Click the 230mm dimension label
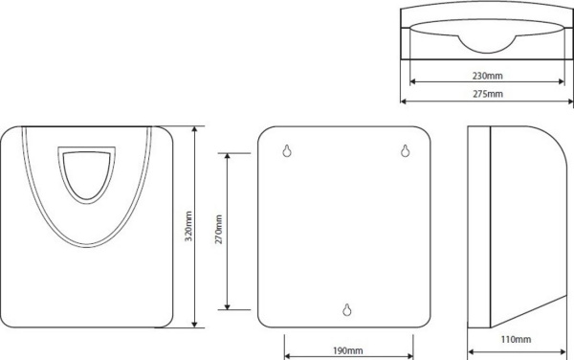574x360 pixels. [x=487, y=76]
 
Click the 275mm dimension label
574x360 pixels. [x=488, y=94]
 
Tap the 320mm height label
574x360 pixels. [x=188, y=226]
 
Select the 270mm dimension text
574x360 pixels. [x=218, y=230]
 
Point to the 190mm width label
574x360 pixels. [x=348, y=350]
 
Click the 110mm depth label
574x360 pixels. [x=516, y=340]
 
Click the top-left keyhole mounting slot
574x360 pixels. [x=287, y=150]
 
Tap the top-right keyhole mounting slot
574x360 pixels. [x=405, y=150]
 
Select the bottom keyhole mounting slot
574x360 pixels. [x=347, y=309]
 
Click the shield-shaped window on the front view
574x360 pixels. [x=87, y=174]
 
